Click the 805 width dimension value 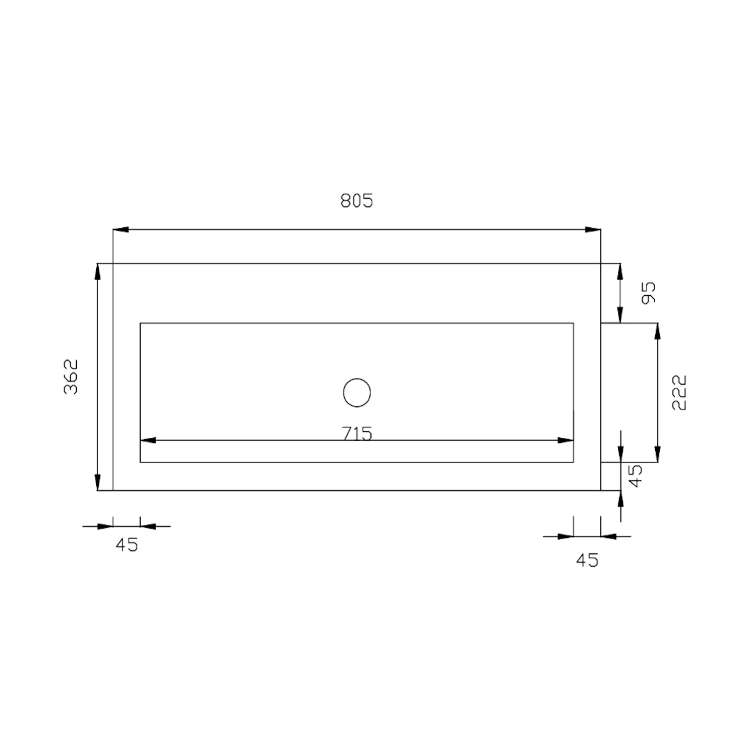(357, 200)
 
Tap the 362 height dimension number (71, 376)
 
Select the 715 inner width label (358, 434)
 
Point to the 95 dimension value (649, 293)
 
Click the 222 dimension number (679, 392)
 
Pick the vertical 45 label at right (635, 476)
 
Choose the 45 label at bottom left (127, 545)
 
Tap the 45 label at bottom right (587, 561)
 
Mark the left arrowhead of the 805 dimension (121, 229)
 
